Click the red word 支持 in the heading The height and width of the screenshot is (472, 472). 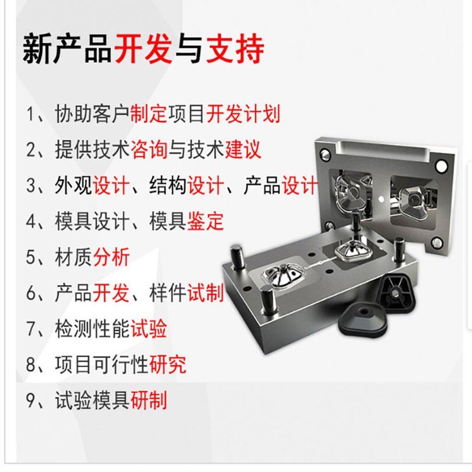tap(235, 48)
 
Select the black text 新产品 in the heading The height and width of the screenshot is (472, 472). tap(67, 48)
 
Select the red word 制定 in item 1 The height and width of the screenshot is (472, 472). tap(149, 114)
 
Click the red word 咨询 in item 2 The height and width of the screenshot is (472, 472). tap(149, 149)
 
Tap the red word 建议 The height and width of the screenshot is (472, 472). tap(243, 149)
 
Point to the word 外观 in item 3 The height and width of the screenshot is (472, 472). tap(74, 185)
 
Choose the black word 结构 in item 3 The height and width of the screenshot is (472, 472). tap(167, 185)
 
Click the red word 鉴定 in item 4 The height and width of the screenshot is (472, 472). tap(205, 221)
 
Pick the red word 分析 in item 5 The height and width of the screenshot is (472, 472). tap(111, 257)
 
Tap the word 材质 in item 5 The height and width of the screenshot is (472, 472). tap(74, 257)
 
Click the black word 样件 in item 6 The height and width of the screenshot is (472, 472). tap(167, 293)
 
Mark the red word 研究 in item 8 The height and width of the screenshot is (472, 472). tap(167, 364)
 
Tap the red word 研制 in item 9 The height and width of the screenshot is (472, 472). tap(149, 400)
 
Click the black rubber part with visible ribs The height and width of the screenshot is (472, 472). tap(396, 291)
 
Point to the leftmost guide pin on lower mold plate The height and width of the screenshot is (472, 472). tap(237, 256)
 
